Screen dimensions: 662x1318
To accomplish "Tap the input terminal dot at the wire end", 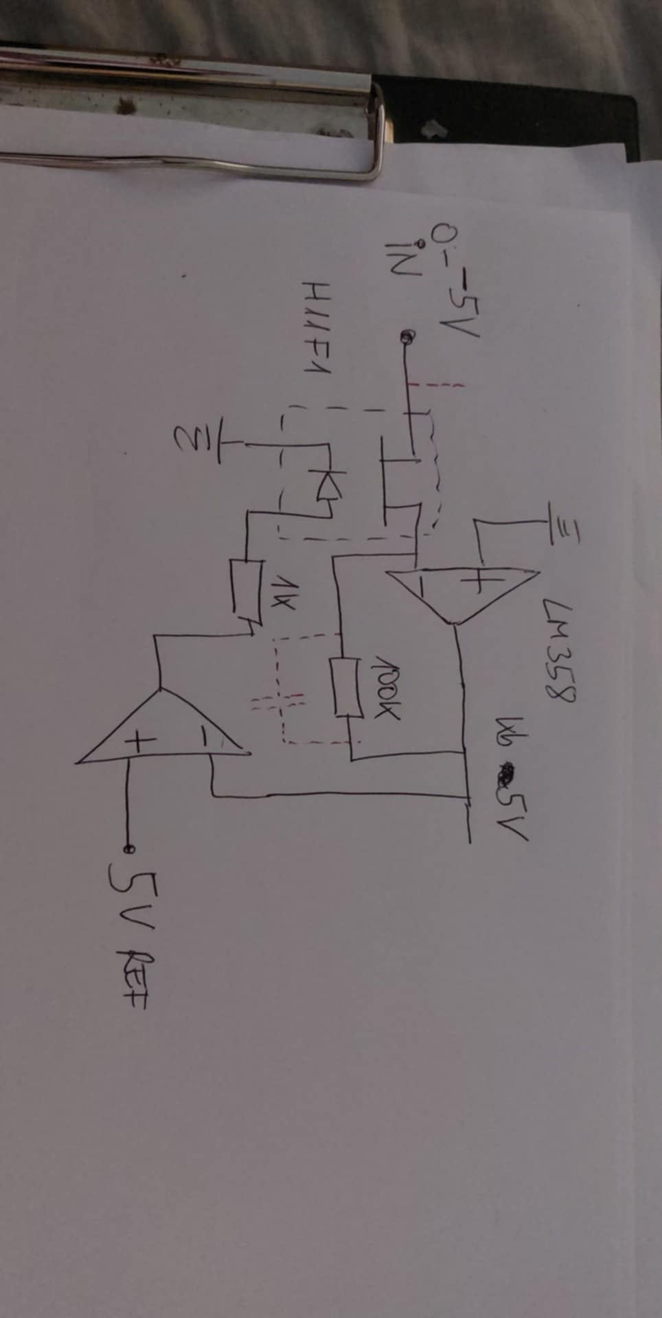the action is pos(407,337).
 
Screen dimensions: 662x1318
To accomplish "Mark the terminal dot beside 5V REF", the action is pos(128,848).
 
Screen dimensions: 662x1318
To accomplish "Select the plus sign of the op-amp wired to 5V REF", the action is pos(139,742).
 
